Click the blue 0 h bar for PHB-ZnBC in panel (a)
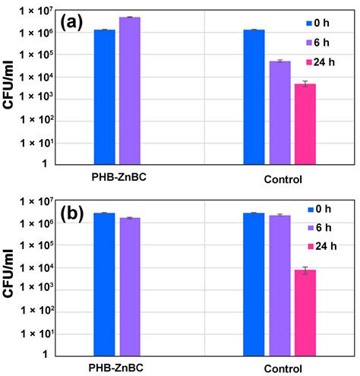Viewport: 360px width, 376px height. click(x=105, y=96)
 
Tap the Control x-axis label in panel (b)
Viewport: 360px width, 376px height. click(x=279, y=370)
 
